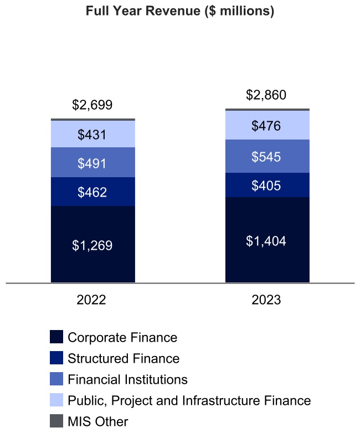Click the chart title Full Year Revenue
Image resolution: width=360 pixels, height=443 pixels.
click(180, 12)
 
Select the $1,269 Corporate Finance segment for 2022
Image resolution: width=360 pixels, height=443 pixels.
click(92, 245)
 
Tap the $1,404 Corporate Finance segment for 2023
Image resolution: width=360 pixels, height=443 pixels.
click(267, 240)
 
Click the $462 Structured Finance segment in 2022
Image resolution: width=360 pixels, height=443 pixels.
click(92, 192)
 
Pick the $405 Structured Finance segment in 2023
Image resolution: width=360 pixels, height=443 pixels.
click(267, 185)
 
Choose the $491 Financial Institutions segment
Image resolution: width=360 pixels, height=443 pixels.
click(92, 163)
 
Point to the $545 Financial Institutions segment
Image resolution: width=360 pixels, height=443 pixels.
click(267, 157)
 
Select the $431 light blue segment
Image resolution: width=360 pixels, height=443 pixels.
click(92, 134)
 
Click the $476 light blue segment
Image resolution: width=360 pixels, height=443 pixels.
click(267, 126)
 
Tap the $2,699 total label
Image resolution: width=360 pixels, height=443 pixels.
click(92, 105)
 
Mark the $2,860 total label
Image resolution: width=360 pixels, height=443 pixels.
click(267, 95)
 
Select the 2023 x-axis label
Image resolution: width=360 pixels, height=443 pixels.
click(266, 300)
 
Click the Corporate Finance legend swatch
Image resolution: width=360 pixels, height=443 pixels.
click(56, 337)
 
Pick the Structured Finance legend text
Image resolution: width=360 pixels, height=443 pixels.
click(124, 358)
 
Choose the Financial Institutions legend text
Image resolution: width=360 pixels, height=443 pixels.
click(127, 379)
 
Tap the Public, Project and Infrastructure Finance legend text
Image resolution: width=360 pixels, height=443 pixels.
click(189, 400)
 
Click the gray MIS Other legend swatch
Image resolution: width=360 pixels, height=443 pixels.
click(56, 421)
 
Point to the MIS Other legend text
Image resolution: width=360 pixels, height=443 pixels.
click(97, 421)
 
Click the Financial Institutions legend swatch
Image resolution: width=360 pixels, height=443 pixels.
click(56, 379)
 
